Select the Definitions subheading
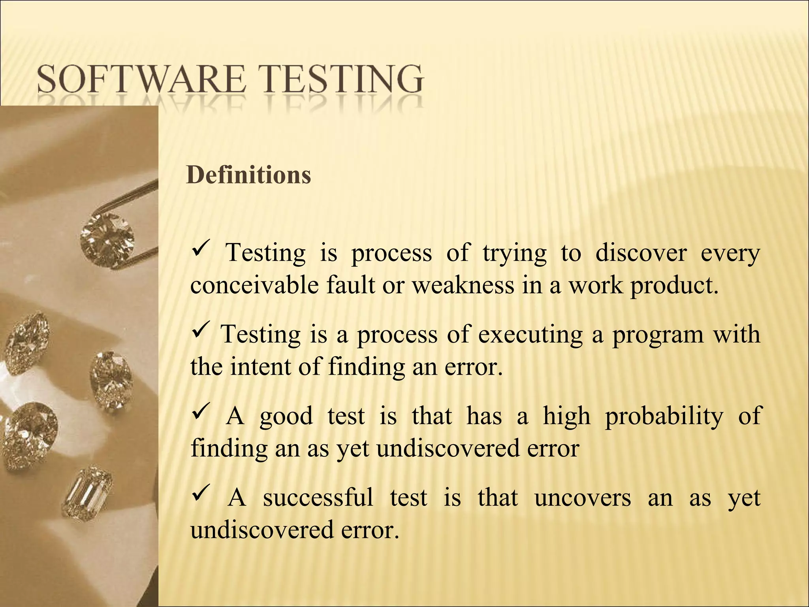248,175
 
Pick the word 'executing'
530,334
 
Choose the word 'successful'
318,497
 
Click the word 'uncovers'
582,498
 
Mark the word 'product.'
674,285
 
